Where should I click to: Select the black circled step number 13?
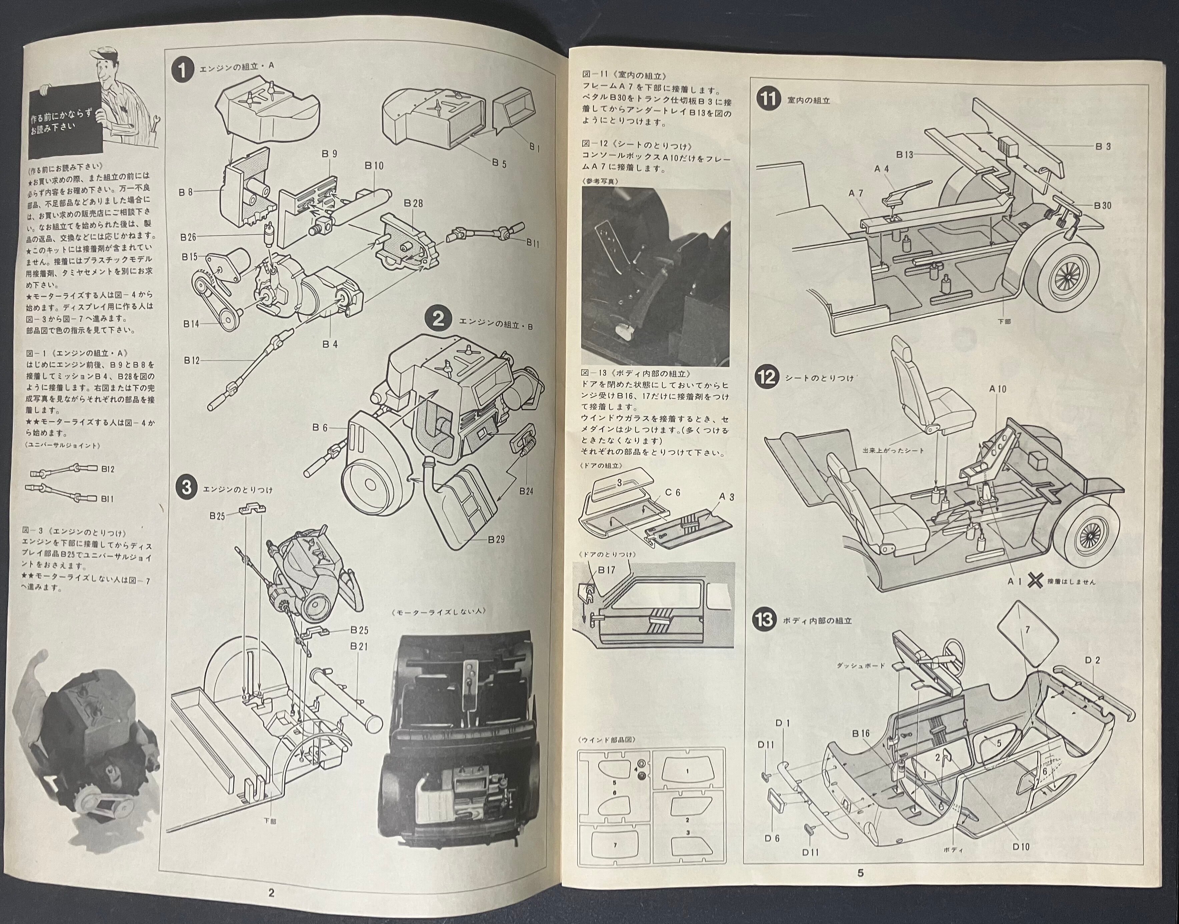pyautogui.click(x=765, y=619)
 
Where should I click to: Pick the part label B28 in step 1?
pyautogui.click(x=413, y=203)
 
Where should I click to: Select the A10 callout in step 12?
pyautogui.click(x=998, y=389)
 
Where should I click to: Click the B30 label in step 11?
pyautogui.click(x=1102, y=205)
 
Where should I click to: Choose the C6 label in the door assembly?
pyautogui.click(x=673, y=492)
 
